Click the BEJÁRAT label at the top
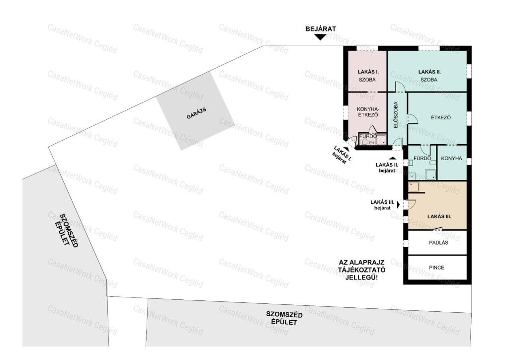(321, 29)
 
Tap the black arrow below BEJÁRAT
(321, 37)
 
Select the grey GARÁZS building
(195, 111)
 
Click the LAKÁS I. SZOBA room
(367, 71)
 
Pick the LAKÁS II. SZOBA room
(428, 71)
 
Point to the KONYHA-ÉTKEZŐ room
(367, 112)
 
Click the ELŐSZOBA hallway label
(396, 114)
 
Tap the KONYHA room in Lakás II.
(452, 162)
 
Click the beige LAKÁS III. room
(437, 206)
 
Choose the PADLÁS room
(437, 243)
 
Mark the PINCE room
(437, 268)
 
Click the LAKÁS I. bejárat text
(341, 155)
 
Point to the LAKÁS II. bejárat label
(387, 168)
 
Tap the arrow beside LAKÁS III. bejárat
(399, 205)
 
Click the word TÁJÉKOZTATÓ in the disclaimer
(362, 270)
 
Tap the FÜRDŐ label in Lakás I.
(368, 136)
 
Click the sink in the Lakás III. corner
(414, 187)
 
